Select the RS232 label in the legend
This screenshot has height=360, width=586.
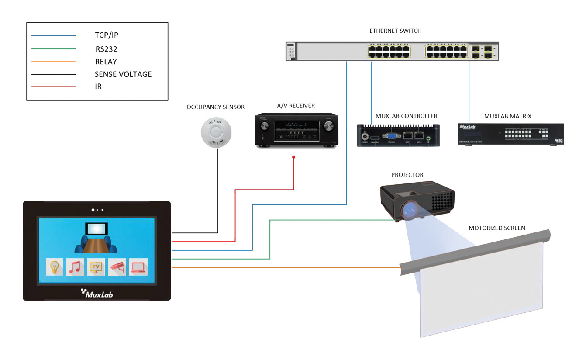[106, 49]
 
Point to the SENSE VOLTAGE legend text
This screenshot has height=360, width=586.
[123, 74]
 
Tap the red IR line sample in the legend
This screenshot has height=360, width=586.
[54, 87]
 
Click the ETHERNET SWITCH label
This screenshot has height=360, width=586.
[395, 31]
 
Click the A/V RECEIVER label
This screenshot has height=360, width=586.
[296, 106]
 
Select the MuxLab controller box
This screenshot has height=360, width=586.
[397, 135]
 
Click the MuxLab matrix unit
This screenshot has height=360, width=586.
[511, 134]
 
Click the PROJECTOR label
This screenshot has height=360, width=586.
[407, 175]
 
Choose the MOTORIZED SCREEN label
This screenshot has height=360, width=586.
[496, 228]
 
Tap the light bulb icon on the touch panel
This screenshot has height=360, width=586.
[55, 267]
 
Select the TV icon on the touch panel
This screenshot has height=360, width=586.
[97, 267]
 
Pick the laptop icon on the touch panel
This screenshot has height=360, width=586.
[138, 267]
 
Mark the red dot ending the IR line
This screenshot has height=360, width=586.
[293, 157]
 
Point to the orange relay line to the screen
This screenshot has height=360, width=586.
[284, 267]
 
